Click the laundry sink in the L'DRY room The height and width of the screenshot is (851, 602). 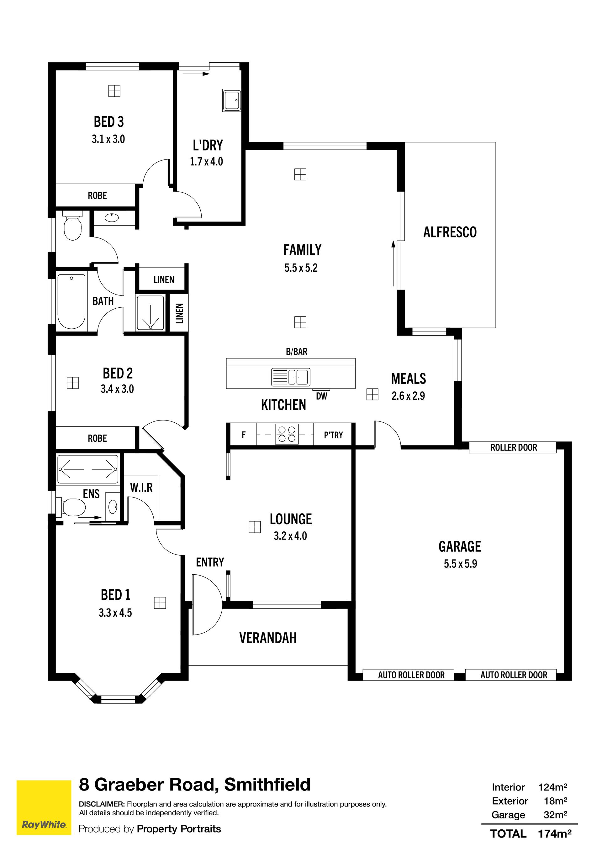[x=232, y=100]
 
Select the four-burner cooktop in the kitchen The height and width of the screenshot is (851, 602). [x=287, y=434]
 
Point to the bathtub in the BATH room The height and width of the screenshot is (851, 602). [x=71, y=301]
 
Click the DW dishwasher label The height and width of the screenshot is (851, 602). [x=322, y=396]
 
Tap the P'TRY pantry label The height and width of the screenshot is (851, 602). [x=334, y=435]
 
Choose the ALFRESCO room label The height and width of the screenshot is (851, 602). [x=450, y=232]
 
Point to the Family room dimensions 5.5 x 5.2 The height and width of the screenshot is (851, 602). [x=301, y=268]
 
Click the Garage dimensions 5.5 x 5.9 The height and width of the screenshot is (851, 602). [x=460, y=564]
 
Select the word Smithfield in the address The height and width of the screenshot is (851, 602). [x=267, y=785]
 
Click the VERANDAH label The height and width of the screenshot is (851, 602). [x=268, y=638]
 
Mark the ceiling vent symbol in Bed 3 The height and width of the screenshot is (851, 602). [x=114, y=91]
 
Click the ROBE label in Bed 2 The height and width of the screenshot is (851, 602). [x=97, y=438]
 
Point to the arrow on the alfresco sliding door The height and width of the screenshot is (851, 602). [x=393, y=264]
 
